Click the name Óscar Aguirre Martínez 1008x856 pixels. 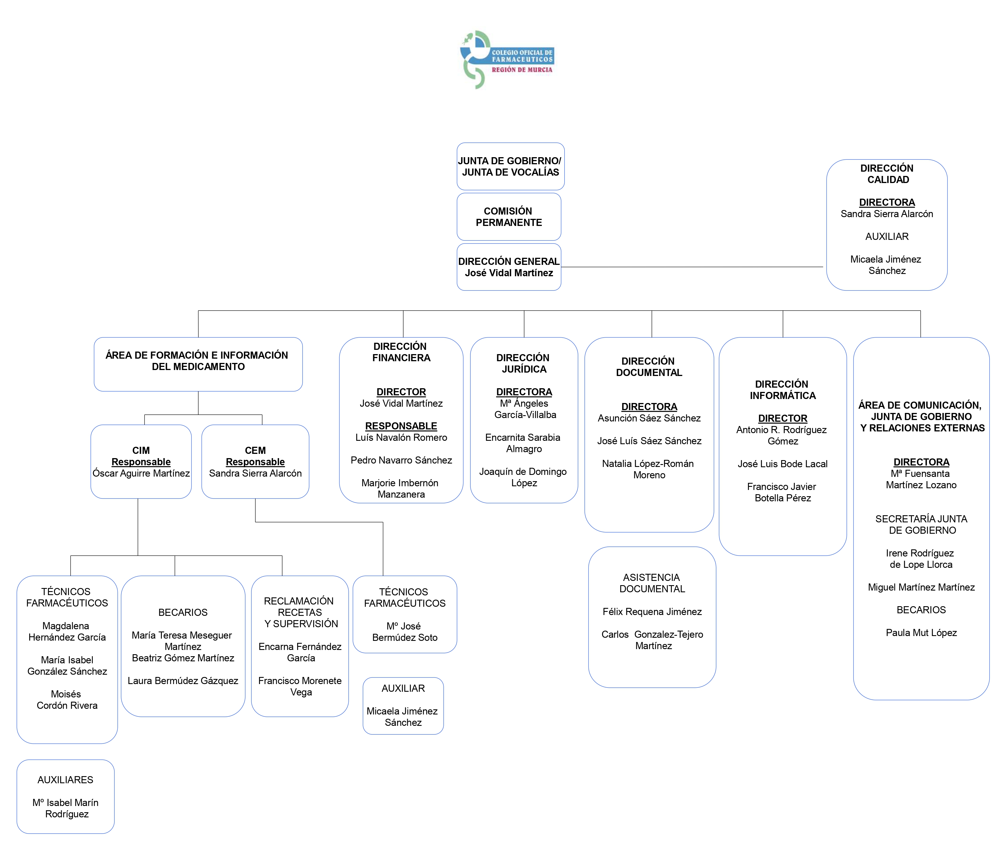[141, 473]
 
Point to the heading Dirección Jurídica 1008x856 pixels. [523, 363]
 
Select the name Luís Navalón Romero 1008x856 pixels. [401, 437]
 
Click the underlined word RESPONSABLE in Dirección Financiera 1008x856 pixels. [401, 426]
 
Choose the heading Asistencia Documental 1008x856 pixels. [652, 583]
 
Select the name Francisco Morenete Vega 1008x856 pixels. [300, 686]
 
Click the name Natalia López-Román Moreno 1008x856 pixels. [648, 469]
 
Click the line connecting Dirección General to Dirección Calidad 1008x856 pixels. [692, 267]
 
